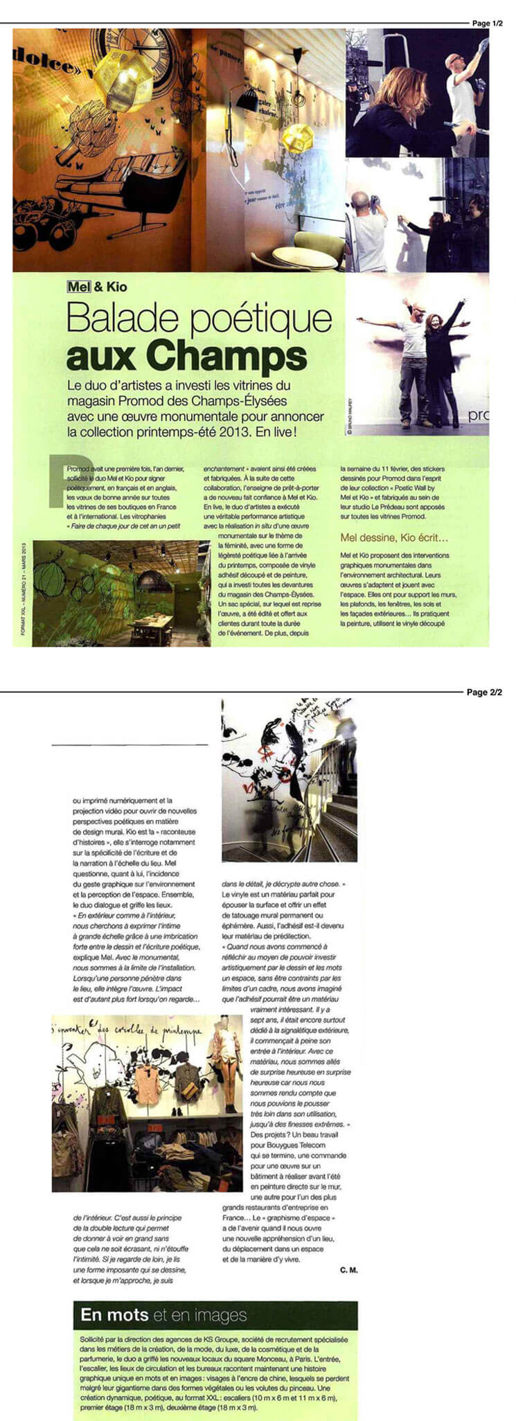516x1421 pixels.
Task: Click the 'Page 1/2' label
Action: click(487, 24)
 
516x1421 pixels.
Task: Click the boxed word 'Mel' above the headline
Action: click(79, 287)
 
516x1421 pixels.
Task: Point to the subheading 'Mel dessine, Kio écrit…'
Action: click(395, 537)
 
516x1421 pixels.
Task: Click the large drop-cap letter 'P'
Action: click(70, 479)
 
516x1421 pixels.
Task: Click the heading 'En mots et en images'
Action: click(163, 1315)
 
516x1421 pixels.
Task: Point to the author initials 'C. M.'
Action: click(348, 1270)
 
